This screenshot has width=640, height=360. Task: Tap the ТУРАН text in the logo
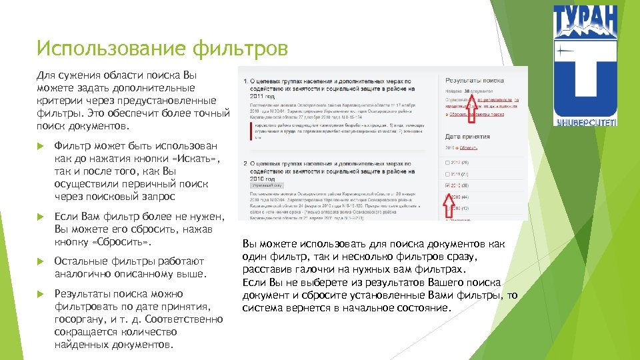(x=585, y=21)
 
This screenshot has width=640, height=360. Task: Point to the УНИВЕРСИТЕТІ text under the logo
(x=585, y=121)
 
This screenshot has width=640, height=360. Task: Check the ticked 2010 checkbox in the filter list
(x=446, y=185)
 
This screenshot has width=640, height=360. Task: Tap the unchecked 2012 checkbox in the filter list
(x=446, y=162)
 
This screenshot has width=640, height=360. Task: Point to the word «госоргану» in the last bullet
(x=79, y=319)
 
